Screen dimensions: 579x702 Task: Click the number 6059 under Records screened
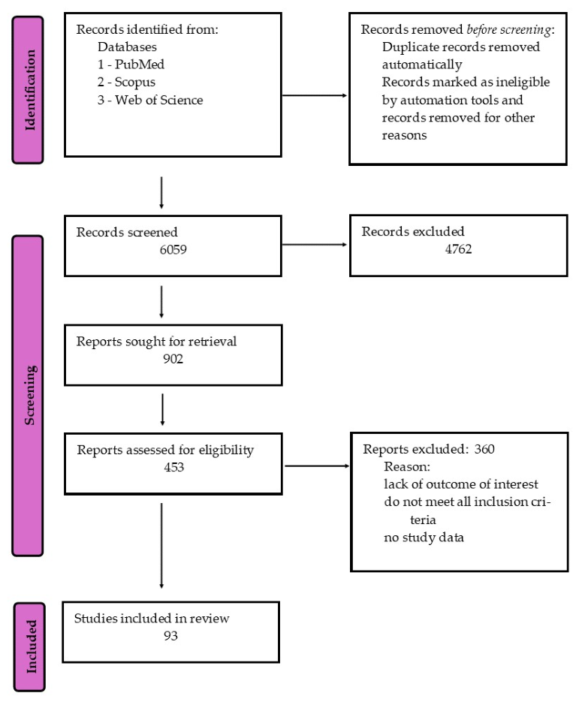click(x=173, y=249)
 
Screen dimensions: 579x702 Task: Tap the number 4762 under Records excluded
click(x=458, y=249)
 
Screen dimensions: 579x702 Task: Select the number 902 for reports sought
click(x=173, y=359)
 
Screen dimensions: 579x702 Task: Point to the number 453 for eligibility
click(x=173, y=467)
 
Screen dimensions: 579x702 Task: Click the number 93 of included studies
click(x=170, y=636)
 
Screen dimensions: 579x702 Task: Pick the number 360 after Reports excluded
click(x=484, y=448)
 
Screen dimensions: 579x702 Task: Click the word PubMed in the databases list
click(x=140, y=65)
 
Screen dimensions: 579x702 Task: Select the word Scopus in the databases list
click(x=134, y=83)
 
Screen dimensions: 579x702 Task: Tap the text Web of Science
click(x=159, y=100)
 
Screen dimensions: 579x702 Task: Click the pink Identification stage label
click(x=28, y=90)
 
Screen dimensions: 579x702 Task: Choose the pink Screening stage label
click(x=28, y=396)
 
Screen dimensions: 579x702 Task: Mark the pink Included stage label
click(x=29, y=647)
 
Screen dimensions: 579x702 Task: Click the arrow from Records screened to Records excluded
click(x=315, y=245)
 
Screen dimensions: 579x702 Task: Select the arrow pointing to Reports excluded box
click(x=317, y=466)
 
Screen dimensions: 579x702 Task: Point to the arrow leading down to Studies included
click(x=161, y=546)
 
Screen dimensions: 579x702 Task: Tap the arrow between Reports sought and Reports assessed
click(x=162, y=410)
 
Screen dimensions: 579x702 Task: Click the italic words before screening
click(x=508, y=29)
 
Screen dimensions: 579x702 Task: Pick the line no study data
click(x=424, y=538)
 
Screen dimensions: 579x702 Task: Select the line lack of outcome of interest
click(x=461, y=484)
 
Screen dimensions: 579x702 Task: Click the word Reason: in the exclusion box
click(x=407, y=466)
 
